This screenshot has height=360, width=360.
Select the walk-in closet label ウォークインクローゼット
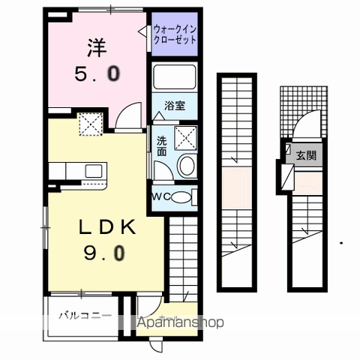point(175,35)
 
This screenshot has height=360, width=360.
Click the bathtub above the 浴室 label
point(174,78)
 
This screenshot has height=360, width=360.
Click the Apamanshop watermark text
point(180,323)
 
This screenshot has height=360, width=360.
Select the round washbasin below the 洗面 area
point(187,166)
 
